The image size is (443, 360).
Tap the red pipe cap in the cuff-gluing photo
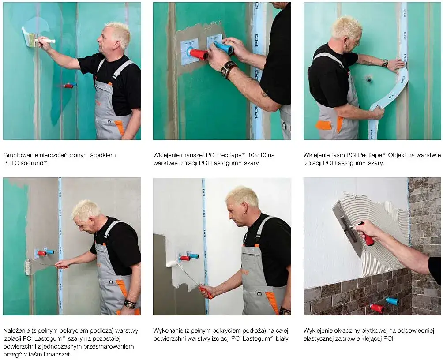pyautogui.click(x=198, y=54)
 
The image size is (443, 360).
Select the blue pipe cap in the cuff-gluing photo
pyautogui.click(x=223, y=48)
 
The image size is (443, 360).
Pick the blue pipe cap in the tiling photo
pyautogui.click(x=392, y=301)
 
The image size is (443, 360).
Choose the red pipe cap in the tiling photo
pyautogui.click(x=377, y=308)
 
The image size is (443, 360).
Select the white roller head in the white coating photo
pyautogui.click(x=172, y=264)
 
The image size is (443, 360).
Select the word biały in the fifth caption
pyautogui.click(x=282, y=338)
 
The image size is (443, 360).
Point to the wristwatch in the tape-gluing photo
pyautogui.click(x=385, y=63)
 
